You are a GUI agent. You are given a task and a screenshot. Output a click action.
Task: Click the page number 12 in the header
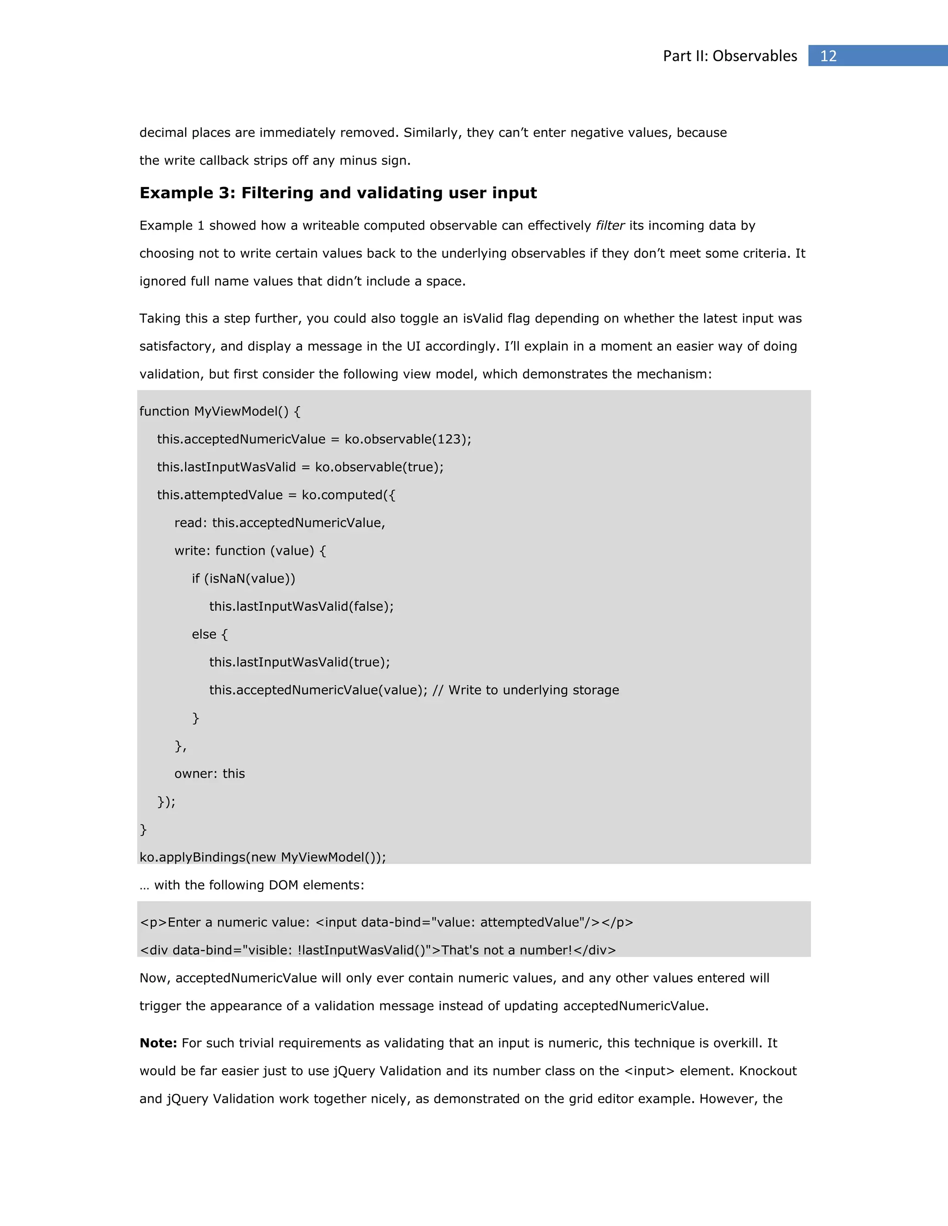pyautogui.click(x=829, y=56)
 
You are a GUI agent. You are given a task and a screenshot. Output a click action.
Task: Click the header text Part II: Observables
pyautogui.click(x=730, y=56)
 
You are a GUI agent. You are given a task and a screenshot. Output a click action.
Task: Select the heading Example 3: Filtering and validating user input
pyautogui.click(x=338, y=193)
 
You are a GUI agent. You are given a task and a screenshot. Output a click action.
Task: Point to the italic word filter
pyautogui.click(x=610, y=226)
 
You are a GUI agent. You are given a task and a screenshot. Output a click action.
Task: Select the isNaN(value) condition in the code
pyautogui.click(x=249, y=579)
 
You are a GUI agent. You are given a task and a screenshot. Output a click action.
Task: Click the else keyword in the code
pyautogui.click(x=204, y=634)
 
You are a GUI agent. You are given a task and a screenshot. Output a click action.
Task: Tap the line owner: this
pyautogui.click(x=210, y=774)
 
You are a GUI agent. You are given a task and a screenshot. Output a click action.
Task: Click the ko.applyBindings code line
pyautogui.click(x=262, y=857)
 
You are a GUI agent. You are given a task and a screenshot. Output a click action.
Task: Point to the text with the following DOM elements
pyautogui.click(x=259, y=885)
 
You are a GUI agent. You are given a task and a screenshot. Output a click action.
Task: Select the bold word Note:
pyautogui.click(x=158, y=1043)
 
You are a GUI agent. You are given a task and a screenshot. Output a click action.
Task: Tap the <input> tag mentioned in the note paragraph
pyautogui.click(x=649, y=1071)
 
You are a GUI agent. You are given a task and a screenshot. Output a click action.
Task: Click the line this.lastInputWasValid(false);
pyautogui.click(x=301, y=606)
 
